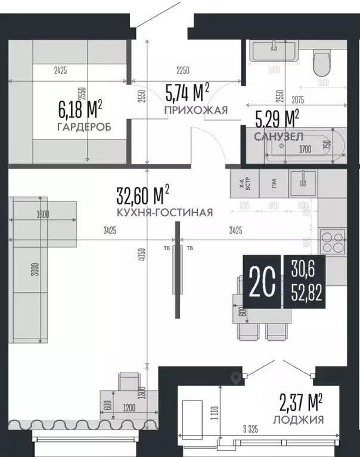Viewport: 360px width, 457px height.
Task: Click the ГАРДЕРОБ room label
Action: [x=84, y=128]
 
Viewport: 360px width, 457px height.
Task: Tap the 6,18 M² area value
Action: [x=80, y=110]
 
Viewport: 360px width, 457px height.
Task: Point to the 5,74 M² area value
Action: [x=187, y=92]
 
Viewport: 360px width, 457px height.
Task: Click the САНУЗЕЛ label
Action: [x=279, y=137]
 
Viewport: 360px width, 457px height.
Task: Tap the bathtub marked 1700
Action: [x=304, y=144]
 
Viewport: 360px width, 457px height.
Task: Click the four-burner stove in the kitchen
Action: [x=334, y=242]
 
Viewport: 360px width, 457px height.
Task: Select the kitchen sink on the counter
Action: [x=304, y=181]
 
